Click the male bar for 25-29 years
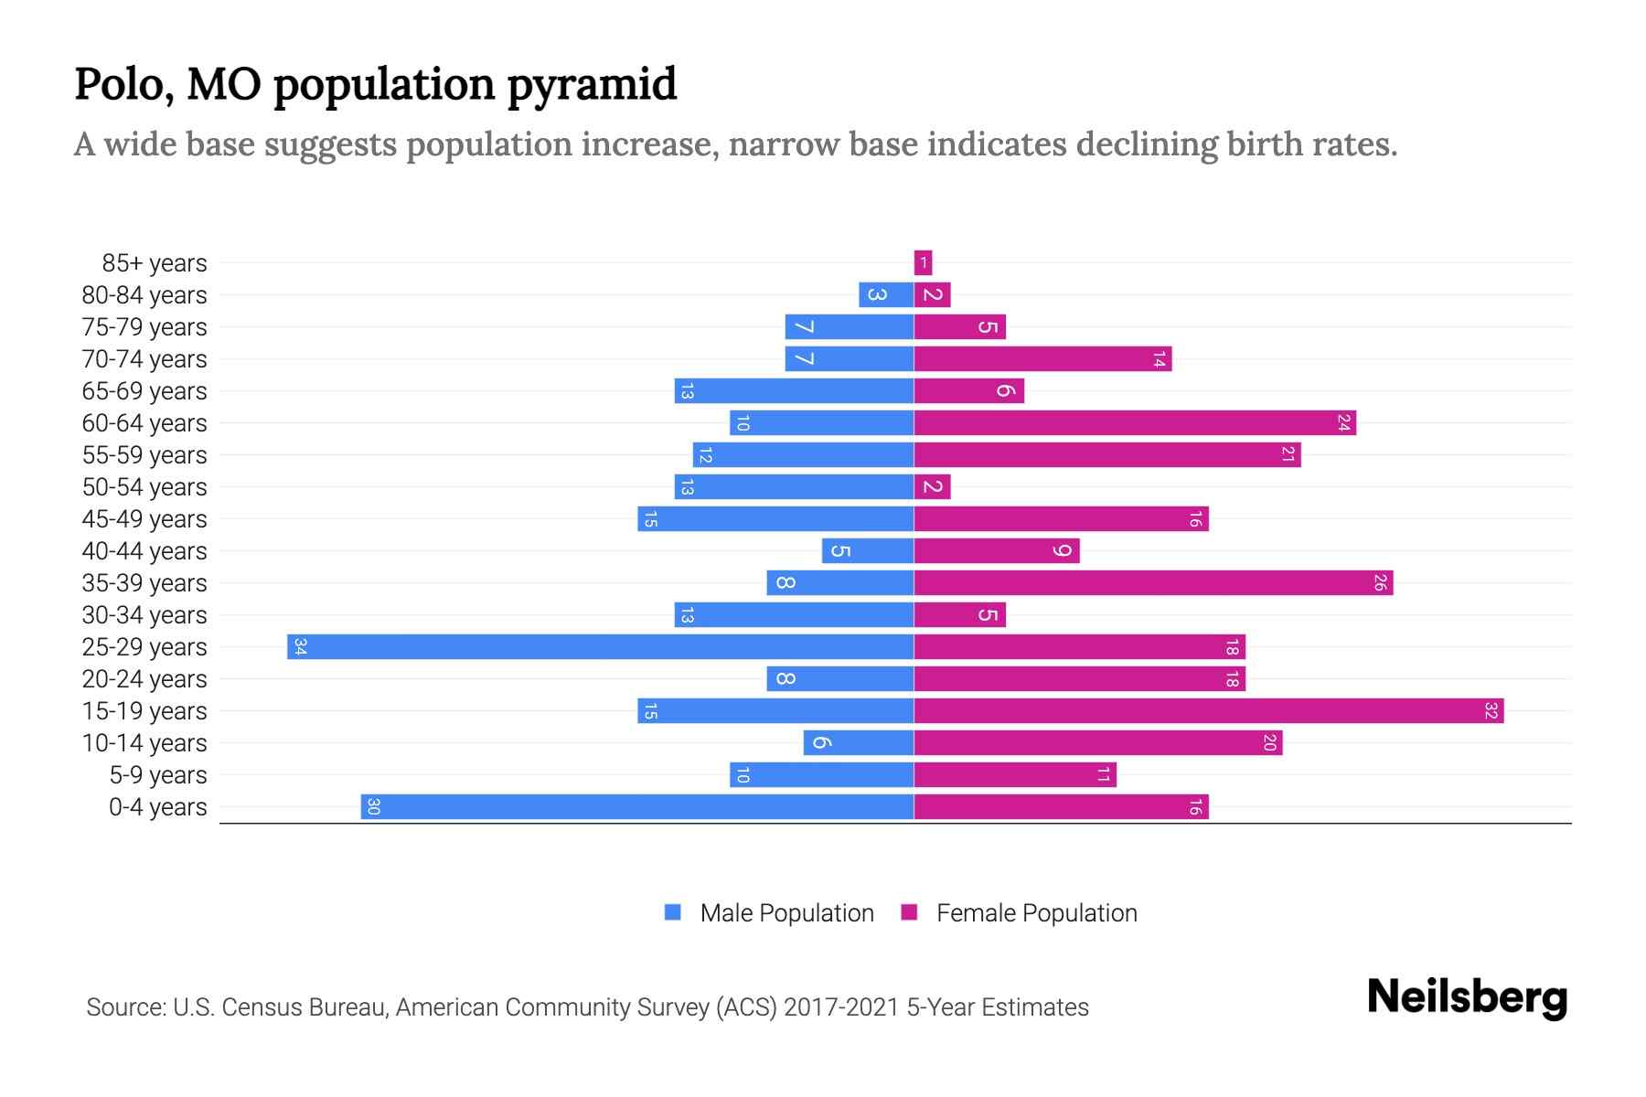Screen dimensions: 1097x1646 pos(601,647)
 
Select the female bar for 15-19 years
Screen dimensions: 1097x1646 pos(1209,711)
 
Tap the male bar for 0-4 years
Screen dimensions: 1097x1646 pos(637,807)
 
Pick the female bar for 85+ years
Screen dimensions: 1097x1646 pos(923,263)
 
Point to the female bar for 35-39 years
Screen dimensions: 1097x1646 pos(1153,583)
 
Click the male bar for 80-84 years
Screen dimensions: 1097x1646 pos(886,295)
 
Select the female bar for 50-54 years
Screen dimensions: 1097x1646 pos(932,487)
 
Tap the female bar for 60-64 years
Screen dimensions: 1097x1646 pos(1135,423)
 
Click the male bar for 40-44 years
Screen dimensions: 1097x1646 pos(868,551)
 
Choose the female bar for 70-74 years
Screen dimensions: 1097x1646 pos(1042,359)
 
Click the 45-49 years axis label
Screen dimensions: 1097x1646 pos(144,519)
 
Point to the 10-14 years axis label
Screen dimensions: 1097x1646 pos(144,743)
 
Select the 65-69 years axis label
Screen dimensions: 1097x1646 pos(144,391)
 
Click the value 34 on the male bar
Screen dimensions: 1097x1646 pos(300,647)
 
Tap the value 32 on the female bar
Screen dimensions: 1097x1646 pos(1491,711)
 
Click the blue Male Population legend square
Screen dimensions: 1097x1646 pos(673,912)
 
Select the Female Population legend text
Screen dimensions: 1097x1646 pos(1036,913)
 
